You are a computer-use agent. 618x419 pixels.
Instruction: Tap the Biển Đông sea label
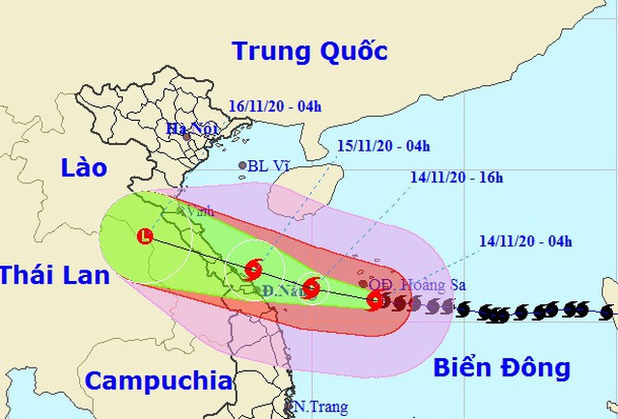point(501,367)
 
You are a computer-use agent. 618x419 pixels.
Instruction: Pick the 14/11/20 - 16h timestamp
point(454,178)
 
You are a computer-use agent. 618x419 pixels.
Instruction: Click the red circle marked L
point(146,235)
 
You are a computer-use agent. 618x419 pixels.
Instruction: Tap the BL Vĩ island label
point(268,166)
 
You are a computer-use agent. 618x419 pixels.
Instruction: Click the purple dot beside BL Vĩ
point(242,166)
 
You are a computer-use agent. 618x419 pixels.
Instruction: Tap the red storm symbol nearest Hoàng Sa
point(376,302)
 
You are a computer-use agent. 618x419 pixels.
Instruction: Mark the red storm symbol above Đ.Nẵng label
point(253,268)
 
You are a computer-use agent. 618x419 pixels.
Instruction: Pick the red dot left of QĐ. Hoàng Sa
point(363,284)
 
